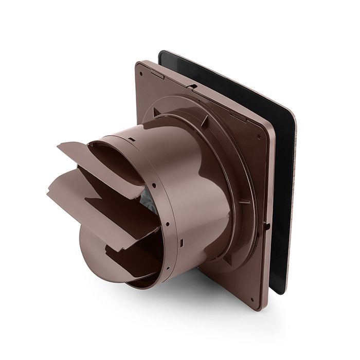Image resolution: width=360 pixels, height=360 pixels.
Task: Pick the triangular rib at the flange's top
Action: point(205,119)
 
